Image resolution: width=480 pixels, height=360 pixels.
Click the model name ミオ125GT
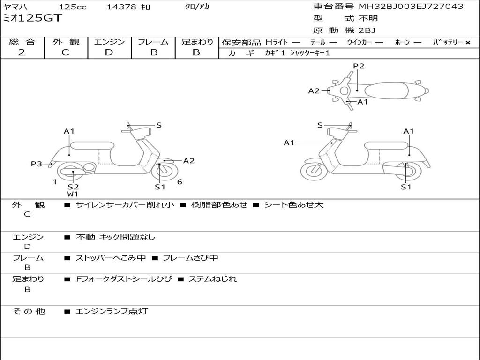tap(32, 18)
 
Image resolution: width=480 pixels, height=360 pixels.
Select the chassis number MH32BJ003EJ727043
tap(411, 6)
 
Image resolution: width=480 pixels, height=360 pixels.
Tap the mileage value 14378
tap(121, 7)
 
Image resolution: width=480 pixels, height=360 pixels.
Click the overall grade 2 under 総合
tap(22, 52)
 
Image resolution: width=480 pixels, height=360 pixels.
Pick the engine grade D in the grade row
tap(109, 52)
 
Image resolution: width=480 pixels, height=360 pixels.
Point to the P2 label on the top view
tap(359, 66)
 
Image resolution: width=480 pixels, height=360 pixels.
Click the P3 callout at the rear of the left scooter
tap(37, 164)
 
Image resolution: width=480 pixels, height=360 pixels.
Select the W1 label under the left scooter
tap(73, 194)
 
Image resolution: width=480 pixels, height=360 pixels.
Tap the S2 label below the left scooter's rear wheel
tap(73, 187)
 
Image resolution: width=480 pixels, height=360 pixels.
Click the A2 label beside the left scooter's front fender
tap(189, 161)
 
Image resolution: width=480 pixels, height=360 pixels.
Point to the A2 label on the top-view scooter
tap(314, 91)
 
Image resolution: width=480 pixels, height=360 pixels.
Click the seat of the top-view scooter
tap(386, 91)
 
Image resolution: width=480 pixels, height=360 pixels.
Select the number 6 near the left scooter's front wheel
tap(180, 182)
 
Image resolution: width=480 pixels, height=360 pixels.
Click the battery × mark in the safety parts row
tap(468, 43)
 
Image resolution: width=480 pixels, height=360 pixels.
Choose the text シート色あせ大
tap(293, 204)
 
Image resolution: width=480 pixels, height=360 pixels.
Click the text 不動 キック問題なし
tap(115, 237)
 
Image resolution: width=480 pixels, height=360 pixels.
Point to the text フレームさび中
tap(190, 258)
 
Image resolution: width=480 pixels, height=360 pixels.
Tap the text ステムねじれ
tap(212, 279)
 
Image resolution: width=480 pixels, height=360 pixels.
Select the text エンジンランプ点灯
tap(112, 311)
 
